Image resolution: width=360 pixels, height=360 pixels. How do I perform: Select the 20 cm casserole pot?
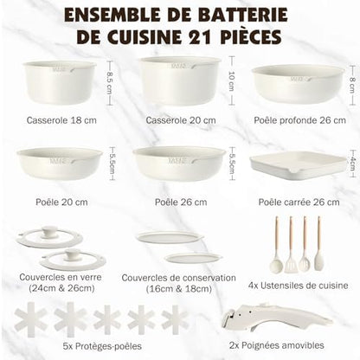[180, 80]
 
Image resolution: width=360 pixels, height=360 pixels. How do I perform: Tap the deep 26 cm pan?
[299, 84]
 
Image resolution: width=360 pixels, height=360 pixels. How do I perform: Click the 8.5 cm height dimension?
[110, 82]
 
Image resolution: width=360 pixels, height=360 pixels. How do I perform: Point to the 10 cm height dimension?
[232, 80]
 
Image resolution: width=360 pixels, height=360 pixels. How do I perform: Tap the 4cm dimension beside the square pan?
[352, 164]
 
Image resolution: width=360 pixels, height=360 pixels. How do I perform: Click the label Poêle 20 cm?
[61, 202]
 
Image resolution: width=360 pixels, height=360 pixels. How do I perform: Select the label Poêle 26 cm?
[181, 202]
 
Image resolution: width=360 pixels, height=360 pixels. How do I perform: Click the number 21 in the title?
[202, 36]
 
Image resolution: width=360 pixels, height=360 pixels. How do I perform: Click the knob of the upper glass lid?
[49, 232]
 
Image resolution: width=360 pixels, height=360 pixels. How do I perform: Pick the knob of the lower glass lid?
[72, 254]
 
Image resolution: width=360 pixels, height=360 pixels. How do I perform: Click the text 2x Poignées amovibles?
[276, 345]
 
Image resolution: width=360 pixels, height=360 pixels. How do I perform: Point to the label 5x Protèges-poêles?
[102, 346]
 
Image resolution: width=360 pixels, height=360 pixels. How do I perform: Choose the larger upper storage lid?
[170, 237]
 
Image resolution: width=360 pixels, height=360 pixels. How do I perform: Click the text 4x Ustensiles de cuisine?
[299, 286]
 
